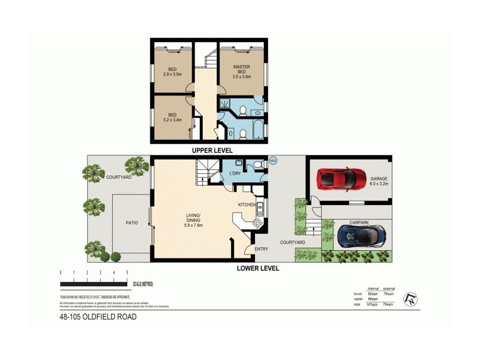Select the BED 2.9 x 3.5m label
tap(172, 73)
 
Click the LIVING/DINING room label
tap(194, 222)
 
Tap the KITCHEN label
tap(247, 205)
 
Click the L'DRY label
tap(235, 174)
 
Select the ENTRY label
tap(260, 248)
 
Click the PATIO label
tap(131, 223)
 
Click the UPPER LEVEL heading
tap(212, 150)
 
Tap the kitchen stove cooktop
tap(258, 223)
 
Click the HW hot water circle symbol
tap(273, 160)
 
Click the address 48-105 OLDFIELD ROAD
tap(97, 317)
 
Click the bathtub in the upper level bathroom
tap(258, 129)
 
